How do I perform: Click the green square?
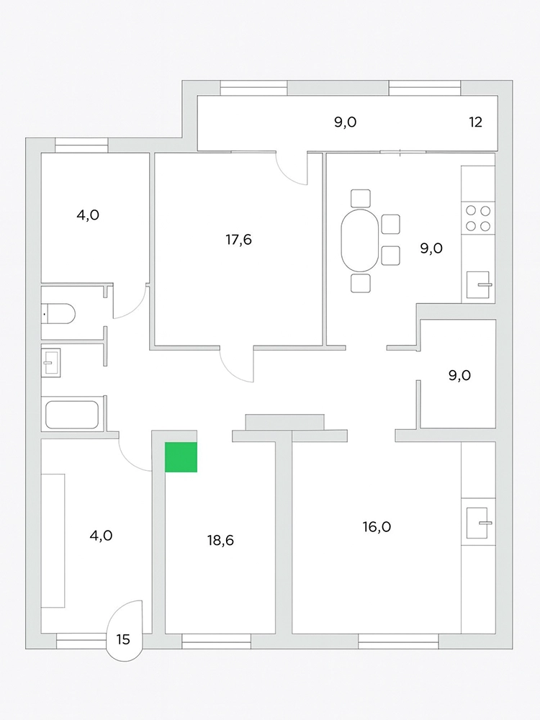(x=181, y=457)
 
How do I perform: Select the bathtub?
(x=72, y=415)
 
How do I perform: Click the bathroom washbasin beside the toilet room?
(x=50, y=363)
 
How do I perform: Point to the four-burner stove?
(x=478, y=218)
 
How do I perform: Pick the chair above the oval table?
(x=361, y=199)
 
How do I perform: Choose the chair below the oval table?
(x=361, y=283)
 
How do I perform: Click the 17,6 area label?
(x=239, y=239)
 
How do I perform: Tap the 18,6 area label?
(x=220, y=541)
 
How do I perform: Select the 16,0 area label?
(x=377, y=527)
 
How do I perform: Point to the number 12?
(x=476, y=122)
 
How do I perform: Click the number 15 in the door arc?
(x=123, y=639)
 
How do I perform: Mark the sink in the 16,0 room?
(x=477, y=523)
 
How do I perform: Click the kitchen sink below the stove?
(x=479, y=284)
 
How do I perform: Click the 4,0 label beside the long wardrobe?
(x=101, y=536)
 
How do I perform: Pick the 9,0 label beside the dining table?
(x=431, y=248)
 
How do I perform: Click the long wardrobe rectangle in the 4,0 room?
(x=53, y=541)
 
